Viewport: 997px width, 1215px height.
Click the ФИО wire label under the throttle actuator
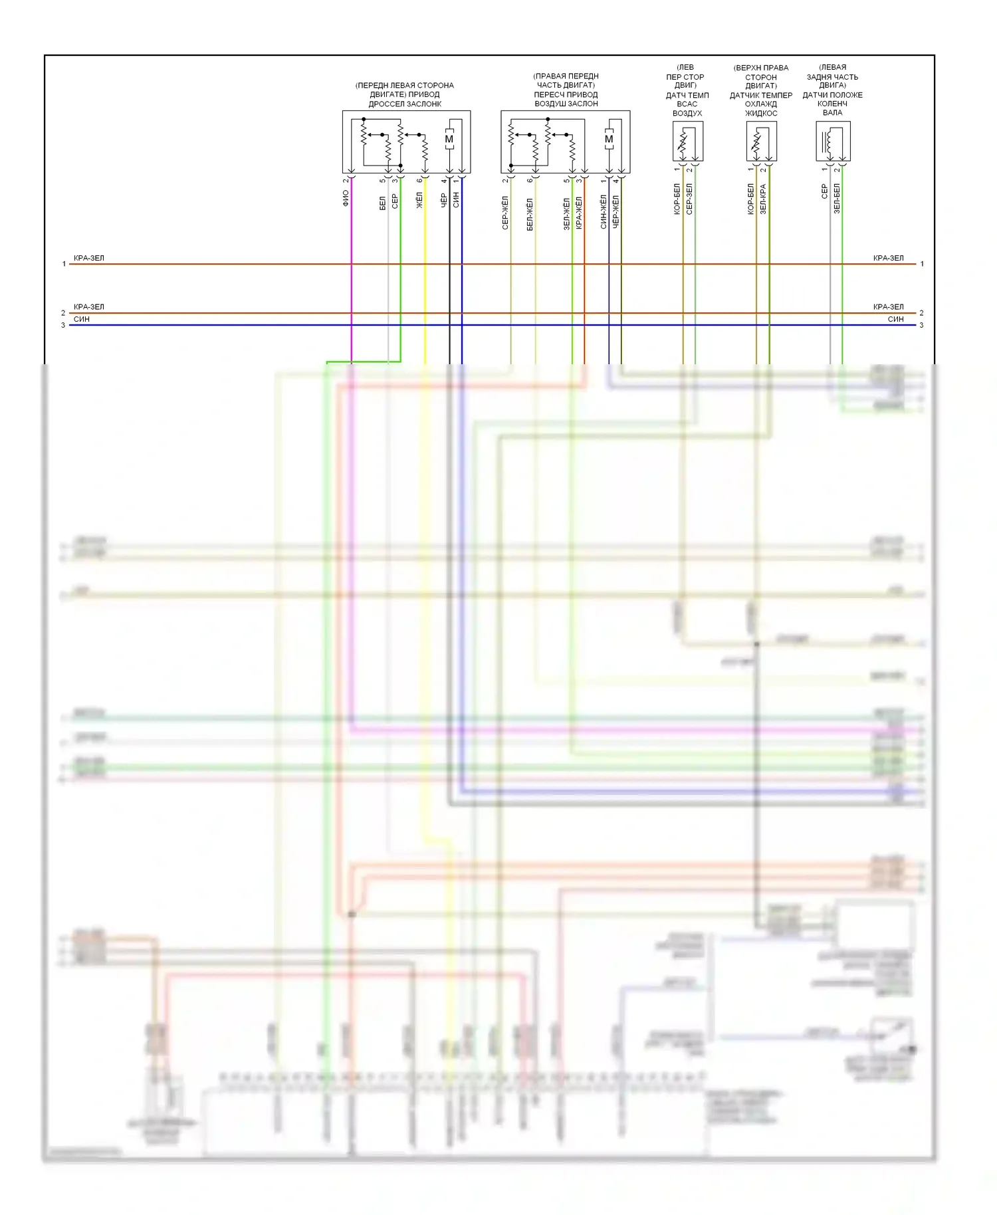346,198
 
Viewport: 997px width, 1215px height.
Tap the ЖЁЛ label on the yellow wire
419,200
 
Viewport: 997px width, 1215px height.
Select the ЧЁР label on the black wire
444,200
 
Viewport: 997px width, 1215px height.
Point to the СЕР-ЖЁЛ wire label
505,213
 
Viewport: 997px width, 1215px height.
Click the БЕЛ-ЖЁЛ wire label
530,214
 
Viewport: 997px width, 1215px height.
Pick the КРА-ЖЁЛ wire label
579,213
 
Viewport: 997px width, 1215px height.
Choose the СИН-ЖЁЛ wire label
604,212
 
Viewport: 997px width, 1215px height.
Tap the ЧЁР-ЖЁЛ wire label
616,212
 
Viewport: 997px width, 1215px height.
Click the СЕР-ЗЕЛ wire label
689,199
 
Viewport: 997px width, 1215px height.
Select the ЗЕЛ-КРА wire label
763,199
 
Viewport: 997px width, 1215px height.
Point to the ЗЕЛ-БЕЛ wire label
837,198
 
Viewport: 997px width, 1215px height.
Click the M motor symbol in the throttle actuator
449,139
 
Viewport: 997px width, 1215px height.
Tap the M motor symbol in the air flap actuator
609,139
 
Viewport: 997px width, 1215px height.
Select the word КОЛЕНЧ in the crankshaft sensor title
832,104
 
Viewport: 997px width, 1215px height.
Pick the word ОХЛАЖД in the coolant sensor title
761,104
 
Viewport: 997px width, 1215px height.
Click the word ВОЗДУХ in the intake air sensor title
687,114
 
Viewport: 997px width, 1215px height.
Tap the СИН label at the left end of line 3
82,320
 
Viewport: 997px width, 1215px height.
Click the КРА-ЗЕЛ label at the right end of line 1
888,258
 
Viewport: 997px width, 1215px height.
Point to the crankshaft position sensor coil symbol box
833,141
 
